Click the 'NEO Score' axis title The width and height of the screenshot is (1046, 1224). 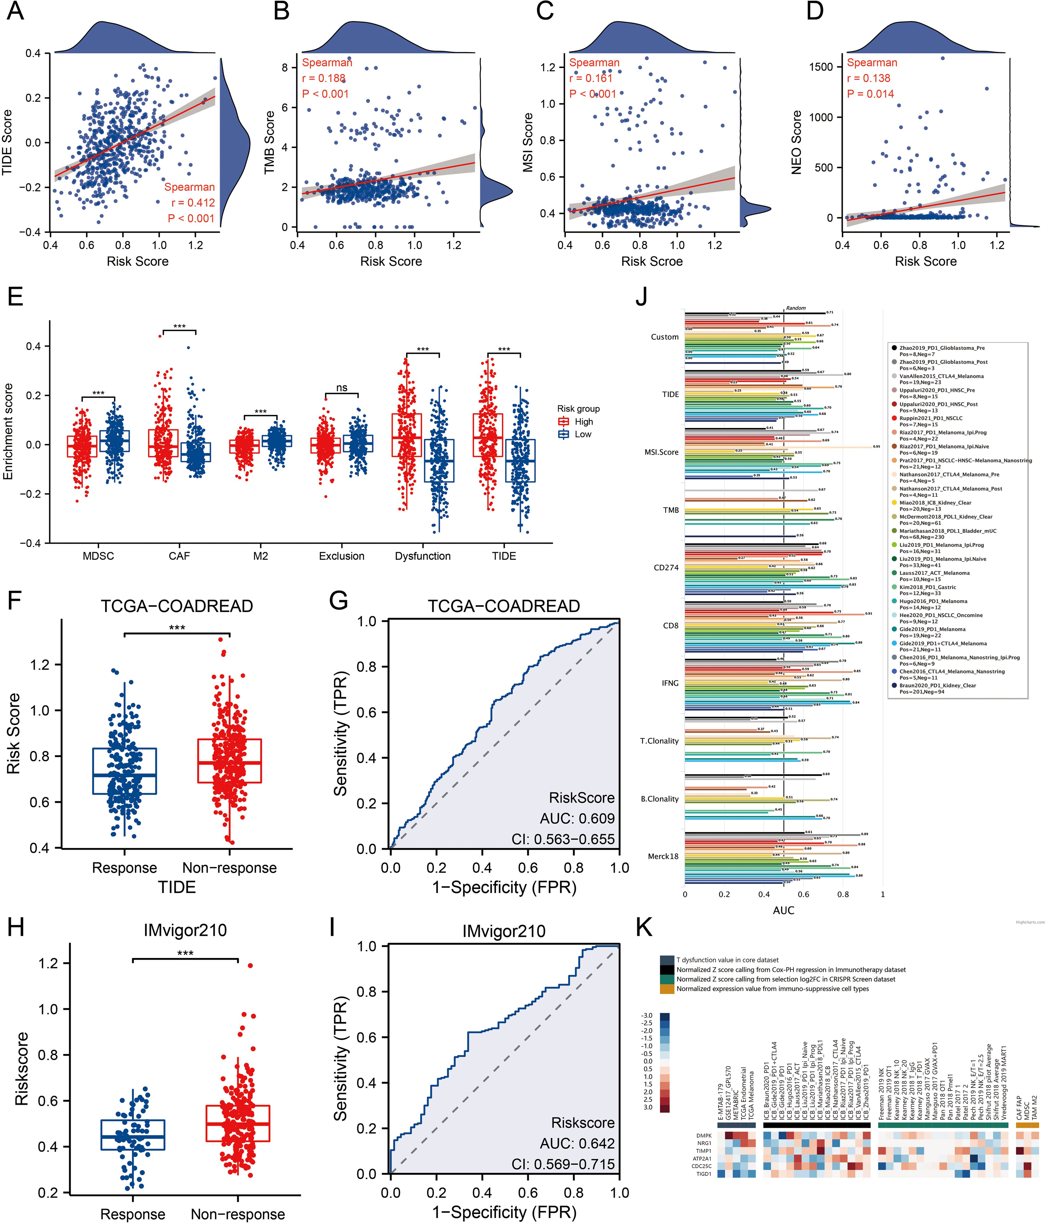[796, 142]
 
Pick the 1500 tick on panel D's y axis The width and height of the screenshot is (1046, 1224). [821, 67]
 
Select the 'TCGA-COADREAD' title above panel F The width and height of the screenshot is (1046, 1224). [177, 606]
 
